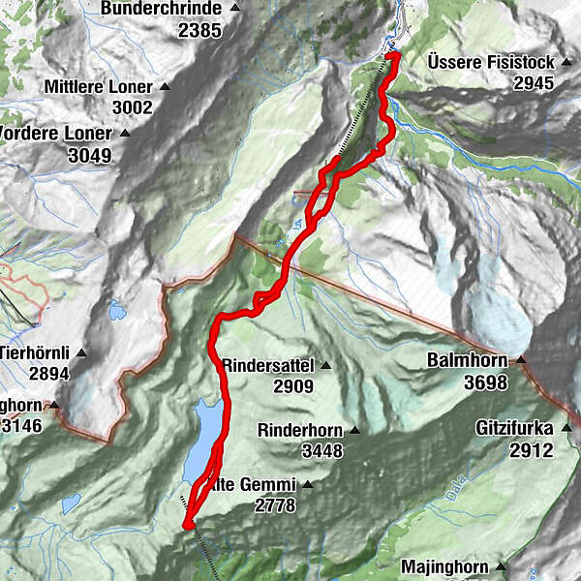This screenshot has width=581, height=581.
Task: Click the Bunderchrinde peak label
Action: pyautogui.click(x=168, y=9)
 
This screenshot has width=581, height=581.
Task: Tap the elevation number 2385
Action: pyautogui.click(x=199, y=30)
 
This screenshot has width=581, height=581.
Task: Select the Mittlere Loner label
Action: pyautogui.click(x=100, y=86)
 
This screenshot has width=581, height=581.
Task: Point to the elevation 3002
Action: pyautogui.click(x=132, y=108)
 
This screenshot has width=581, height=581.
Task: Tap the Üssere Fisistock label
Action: pyautogui.click(x=491, y=62)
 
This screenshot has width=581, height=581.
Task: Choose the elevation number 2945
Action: pyautogui.click(x=534, y=83)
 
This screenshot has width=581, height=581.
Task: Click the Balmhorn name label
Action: pyautogui.click(x=468, y=361)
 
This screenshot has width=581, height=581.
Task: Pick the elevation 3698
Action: pyautogui.click(x=485, y=383)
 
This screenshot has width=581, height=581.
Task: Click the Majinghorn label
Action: pyautogui.click(x=447, y=566)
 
